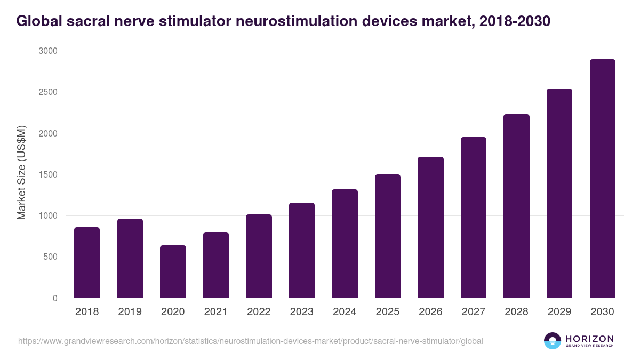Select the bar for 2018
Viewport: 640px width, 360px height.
click(87, 262)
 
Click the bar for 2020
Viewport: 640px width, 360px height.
click(173, 271)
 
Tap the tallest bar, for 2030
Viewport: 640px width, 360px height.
click(602, 179)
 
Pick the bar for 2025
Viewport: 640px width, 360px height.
click(388, 236)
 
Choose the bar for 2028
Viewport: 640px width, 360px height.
click(516, 206)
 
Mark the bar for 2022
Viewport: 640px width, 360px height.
click(259, 256)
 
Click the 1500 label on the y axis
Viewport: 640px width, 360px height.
click(47, 174)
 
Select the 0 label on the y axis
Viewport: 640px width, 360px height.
click(55, 298)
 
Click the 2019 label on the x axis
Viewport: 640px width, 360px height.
click(130, 312)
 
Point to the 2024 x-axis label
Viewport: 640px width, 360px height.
click(345, 312)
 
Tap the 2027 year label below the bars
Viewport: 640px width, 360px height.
click(474, 312)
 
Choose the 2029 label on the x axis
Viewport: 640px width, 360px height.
click(559, 312)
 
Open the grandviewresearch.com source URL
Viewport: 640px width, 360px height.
click(251, 341)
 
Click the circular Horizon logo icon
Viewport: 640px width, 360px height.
click(552, 341)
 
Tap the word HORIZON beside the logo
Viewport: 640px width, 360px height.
click(589, 338)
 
